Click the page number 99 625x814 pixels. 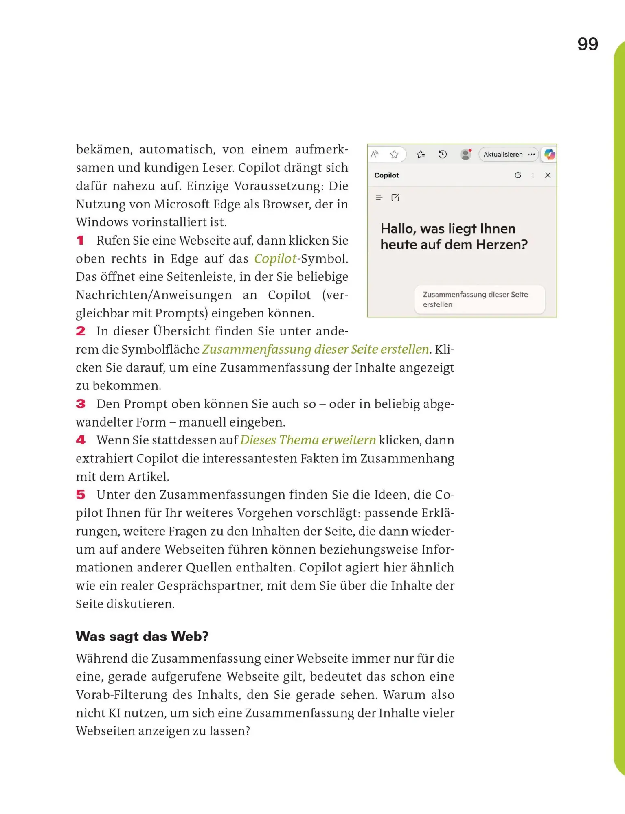(x=588, y=44)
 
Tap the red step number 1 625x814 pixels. (x=80, y=241)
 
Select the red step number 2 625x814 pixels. (x=81, y=331)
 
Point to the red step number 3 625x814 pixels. (x=81, y=404)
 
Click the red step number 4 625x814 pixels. (x=81, y=440)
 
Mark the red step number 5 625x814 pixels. (x=81, y=495)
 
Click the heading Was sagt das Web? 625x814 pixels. (x=142, y=636)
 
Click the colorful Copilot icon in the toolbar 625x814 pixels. (x=550, y=154)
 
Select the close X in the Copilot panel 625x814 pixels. (x=548, y=175)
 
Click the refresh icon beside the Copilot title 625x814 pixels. (x=518, y=175)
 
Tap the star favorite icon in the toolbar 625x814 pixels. (x=394, y=155)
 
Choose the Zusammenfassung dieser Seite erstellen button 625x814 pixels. (x=479, y=300)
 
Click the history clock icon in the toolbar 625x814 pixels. (x=443, y=155)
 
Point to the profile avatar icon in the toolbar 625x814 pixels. (x=465, y=155)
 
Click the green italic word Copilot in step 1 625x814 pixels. (x=275, y=259)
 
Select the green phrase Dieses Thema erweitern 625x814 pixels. (x=308, y=440)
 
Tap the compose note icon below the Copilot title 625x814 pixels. (x=395, y=198)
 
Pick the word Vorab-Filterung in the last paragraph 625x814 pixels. (x=121, y=695)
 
